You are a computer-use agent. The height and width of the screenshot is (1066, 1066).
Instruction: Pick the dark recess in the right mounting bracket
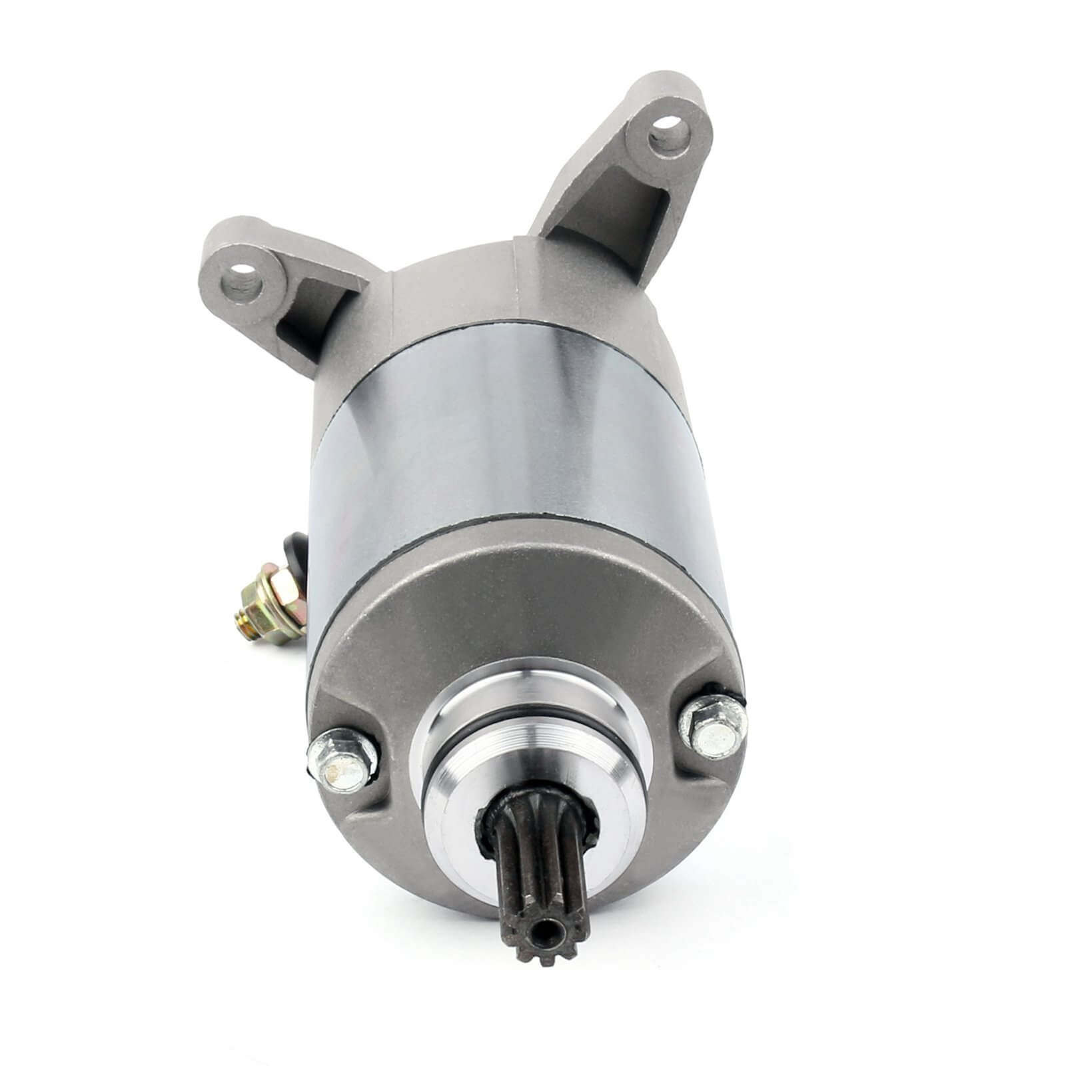click(x=573, y=220)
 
